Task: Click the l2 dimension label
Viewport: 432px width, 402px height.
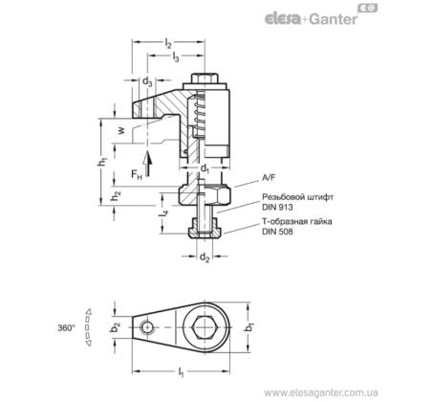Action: [168, 43]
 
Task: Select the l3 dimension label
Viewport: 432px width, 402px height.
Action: [176, 57]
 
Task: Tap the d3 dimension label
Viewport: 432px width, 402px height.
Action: [147, 81]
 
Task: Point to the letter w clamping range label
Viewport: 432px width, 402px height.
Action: [121, 130]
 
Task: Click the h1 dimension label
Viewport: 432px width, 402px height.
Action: [102, 162]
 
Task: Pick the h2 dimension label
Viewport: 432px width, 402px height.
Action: [116, 196]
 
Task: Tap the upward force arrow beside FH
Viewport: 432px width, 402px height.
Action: [147, 164]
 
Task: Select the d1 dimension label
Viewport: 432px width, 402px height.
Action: [205, 168]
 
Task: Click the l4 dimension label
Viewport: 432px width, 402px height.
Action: [164, 214]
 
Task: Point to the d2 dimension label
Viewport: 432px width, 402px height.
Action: [205, 257]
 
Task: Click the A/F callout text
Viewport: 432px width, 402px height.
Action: [269, 178]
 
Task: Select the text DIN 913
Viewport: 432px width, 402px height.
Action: [277, 208]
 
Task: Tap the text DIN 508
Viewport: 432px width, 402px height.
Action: [277, 232]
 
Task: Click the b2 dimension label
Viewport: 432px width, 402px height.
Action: [116, 327]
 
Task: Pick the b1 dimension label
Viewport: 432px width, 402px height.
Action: [251, 327]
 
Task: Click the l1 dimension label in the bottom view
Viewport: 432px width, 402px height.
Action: [181, 372]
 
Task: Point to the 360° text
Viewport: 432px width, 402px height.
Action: [67, 328]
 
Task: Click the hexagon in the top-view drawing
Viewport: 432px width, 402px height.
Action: [205, 327]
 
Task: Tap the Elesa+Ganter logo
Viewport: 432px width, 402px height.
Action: [321, 15]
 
